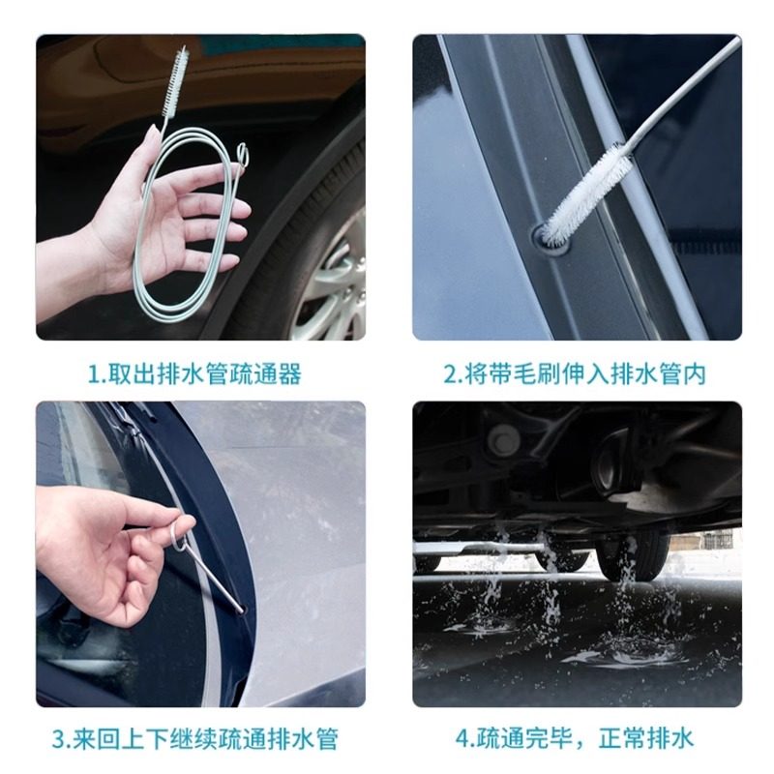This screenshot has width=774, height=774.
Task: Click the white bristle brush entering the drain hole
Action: [x=587, y=196]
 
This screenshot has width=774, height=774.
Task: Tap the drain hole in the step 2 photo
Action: [x=549, y=239]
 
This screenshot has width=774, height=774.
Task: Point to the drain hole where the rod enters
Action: [x=241, y=610]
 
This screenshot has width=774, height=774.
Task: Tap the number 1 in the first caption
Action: [x=93, y=375]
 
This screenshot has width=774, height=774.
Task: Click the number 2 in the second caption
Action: [x=451, y=375]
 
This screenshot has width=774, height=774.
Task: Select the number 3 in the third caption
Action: [x=59, y=739]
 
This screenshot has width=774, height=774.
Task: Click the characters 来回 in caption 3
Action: [x=96, y=739]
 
